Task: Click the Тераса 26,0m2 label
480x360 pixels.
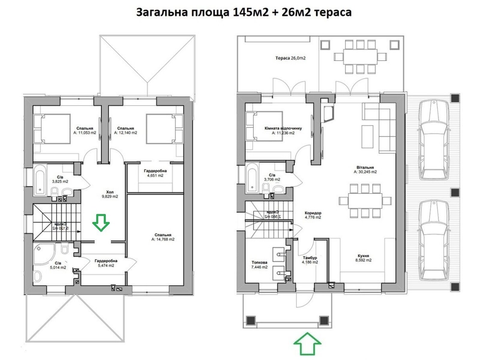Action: tap(290, 58)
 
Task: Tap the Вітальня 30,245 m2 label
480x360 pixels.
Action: tap(365, 170)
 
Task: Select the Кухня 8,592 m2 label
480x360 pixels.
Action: tap(363, 258)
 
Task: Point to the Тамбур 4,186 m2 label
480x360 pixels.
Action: tap(310, 260)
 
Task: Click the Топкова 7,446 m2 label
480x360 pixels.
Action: tap(259, 265)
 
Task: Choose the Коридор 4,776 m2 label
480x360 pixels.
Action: tap(313, 215)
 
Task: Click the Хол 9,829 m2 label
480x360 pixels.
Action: tap(110, 194)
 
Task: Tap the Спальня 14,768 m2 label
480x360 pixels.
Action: tap(163, 237)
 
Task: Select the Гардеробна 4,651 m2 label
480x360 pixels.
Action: tap(155, 173)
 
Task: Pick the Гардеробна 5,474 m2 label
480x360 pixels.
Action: tap(106, 263)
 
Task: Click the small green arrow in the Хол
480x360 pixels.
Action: tap(101, 222)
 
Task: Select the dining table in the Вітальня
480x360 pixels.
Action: tap(365, 201)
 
